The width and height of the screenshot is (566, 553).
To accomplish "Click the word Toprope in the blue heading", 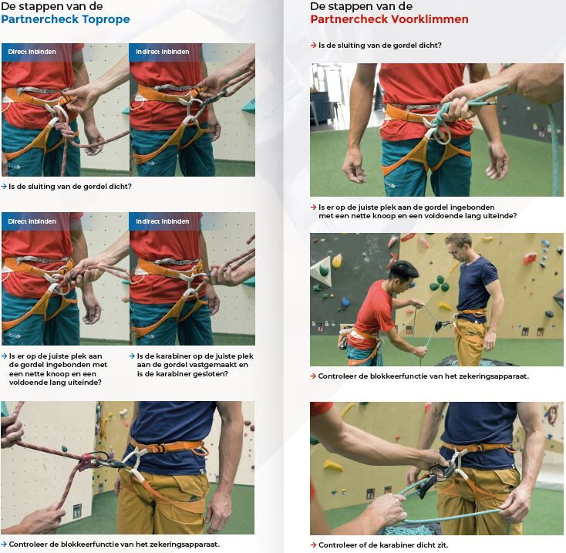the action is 106,19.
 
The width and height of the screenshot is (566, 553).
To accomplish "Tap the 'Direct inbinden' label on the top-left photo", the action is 32,52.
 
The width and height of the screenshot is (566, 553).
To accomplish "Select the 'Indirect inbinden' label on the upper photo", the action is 163,52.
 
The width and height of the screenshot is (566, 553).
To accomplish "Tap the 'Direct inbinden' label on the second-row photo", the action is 32,221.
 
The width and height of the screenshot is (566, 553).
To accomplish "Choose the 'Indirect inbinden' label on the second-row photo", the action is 163,221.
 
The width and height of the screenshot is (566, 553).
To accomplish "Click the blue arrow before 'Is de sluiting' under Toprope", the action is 4,187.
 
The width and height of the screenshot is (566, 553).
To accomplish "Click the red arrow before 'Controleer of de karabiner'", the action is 313,545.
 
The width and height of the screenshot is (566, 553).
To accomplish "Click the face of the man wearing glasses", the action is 455,250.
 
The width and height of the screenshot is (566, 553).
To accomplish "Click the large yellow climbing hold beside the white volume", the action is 337,261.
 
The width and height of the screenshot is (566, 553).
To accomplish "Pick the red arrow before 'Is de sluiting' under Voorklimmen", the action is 313,46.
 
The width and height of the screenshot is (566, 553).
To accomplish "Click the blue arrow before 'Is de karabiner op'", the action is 132,356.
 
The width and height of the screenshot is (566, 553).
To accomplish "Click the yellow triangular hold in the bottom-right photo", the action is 333,465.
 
